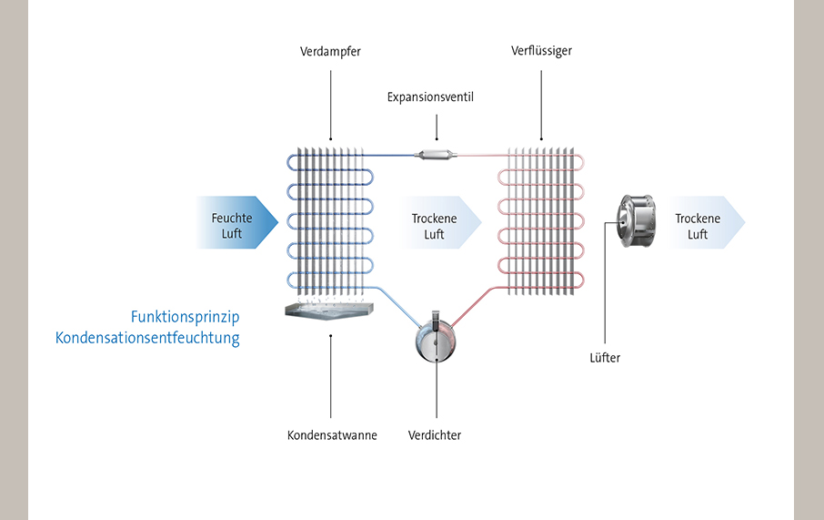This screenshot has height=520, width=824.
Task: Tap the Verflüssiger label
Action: click(541, 51)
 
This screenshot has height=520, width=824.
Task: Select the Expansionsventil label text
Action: click(430, 97)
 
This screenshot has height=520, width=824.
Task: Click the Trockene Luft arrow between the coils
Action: click(440, 223)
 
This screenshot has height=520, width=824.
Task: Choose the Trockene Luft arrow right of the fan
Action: click(704, 223)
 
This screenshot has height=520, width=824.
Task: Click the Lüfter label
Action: click(604, 358)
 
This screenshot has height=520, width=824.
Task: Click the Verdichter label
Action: click(435, 435)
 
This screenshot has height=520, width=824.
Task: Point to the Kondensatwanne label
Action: click(331, 435)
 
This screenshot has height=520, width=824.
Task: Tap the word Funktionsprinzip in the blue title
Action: click(185, 317)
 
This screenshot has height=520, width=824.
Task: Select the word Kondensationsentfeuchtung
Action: click(147, 339)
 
